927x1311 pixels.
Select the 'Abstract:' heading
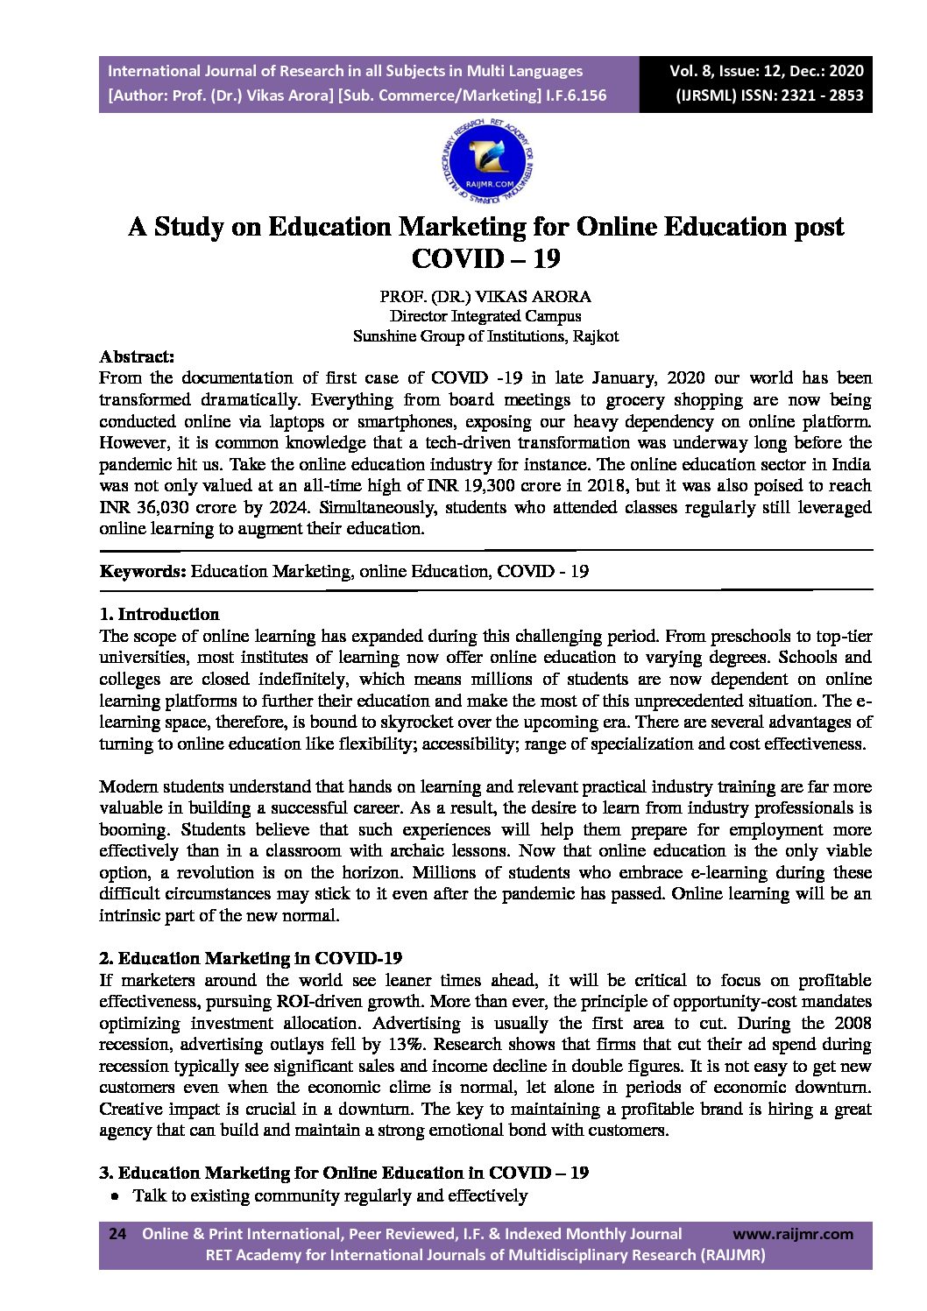[x=138, y=357]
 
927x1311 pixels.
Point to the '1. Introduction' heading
[x=159, y=614]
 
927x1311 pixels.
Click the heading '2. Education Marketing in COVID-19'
[x=251, y=958]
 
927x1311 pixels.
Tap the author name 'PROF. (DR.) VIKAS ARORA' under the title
[x=485, y=297]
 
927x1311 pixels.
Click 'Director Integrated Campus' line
[x=485, y=316]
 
